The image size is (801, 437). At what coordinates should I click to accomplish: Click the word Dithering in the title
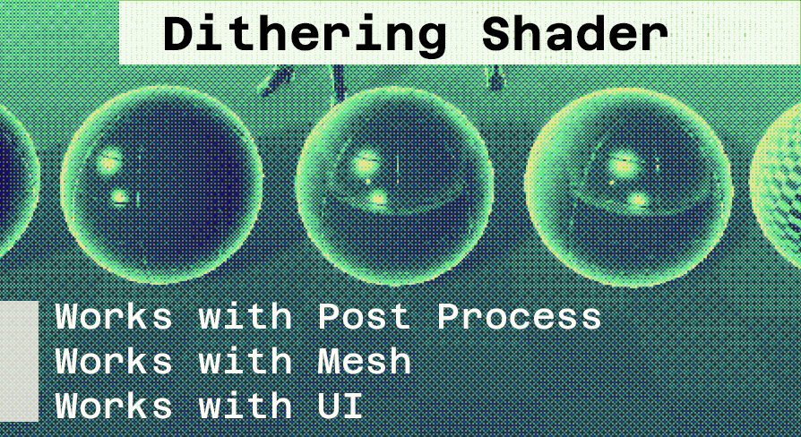(x=305, y=34)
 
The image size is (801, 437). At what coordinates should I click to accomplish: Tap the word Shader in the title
(x=574, y=34)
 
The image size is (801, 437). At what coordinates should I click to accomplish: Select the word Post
(x=364, y=316)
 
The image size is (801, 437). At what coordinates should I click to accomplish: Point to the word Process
(x=519, y=316)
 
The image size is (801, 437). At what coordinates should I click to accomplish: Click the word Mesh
(x=364, y=361)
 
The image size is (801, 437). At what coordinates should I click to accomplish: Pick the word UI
(x=340, y=406)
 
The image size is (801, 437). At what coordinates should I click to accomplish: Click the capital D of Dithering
(x=177, y=34)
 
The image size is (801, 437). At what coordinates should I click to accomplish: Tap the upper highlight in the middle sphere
(x=366, y=164)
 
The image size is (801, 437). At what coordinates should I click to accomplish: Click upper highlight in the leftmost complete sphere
(x=109, y=162)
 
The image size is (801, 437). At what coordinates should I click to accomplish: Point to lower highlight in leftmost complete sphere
(x=119, y=196)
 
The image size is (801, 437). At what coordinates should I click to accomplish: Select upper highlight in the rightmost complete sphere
(x=623, y=165)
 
